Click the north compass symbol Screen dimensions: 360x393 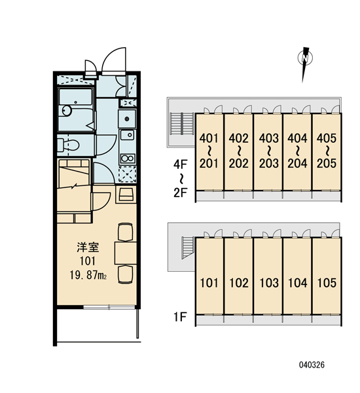point(305,64)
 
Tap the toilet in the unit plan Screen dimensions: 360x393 point(68,145)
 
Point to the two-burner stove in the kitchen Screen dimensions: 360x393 point(128,159)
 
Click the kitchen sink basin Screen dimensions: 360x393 point(128,135)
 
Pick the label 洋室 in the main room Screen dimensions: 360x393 point(88,247)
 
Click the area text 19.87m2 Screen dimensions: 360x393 point(88,276)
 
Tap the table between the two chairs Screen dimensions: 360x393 point(126,253)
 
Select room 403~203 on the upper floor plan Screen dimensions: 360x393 point(268,152)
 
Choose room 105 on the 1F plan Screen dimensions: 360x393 point(327,276)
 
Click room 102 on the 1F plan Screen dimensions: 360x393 point(238,276)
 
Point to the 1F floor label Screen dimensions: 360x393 point(181,317)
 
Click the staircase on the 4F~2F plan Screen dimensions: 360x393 point(182,124)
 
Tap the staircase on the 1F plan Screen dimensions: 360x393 point(188,248)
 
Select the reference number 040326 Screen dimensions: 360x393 point(312,365)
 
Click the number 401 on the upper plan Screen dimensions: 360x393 point(209,138)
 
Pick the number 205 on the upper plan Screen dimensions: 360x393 point(327,163)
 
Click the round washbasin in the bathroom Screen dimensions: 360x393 point(67,110)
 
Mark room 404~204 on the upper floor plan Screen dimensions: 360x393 point(297,152)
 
